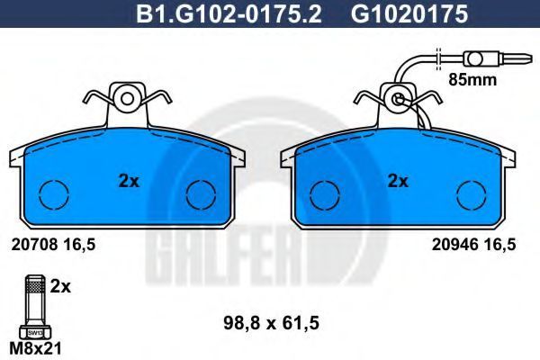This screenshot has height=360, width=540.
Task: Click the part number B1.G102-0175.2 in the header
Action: [229, 14]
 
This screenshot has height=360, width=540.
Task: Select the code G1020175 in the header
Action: [409, 14]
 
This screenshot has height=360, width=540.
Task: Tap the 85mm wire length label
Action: [472, 80]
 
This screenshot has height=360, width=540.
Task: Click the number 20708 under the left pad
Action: [34, 245]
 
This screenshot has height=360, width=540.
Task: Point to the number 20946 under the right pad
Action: [454, 245]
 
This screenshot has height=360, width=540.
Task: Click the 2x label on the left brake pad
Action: [129, 181]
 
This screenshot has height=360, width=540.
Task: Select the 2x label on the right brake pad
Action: [398, 181]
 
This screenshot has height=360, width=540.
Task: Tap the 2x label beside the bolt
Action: [60, 286]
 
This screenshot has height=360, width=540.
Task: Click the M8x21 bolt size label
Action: [35, 348]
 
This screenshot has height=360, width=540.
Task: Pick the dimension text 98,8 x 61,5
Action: [272, 323]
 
